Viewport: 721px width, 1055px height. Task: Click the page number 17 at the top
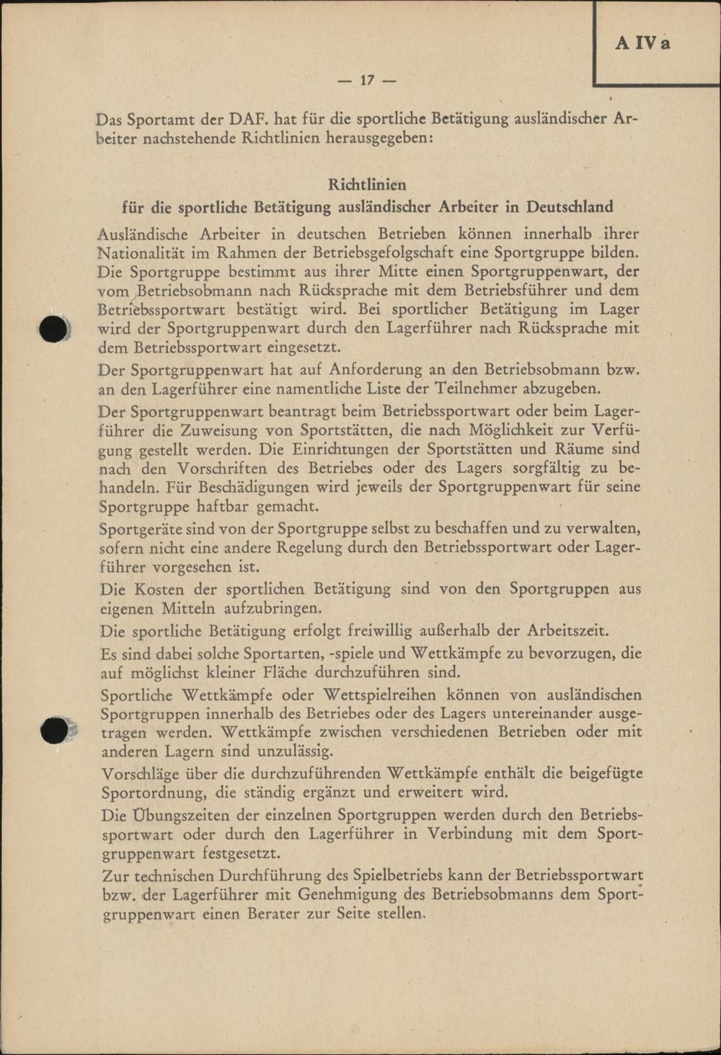click(x=367, y=80)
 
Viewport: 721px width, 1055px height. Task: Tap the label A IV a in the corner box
click(x=642, y=43)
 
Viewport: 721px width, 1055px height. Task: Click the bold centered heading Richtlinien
click(x=367, y=185)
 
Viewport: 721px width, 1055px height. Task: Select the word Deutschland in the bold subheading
click(x=570, y=207)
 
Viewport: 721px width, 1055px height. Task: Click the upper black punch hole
click(x=55, y=329)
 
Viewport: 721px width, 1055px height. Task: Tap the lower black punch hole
click(x=55, y=730)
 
